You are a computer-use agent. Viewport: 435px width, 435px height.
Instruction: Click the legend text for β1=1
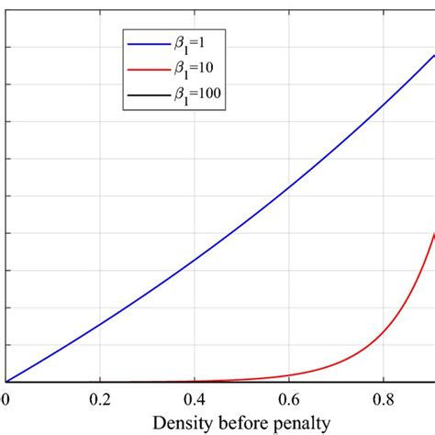point(195,41)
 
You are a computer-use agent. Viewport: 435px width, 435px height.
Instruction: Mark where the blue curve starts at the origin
point(6,381)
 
